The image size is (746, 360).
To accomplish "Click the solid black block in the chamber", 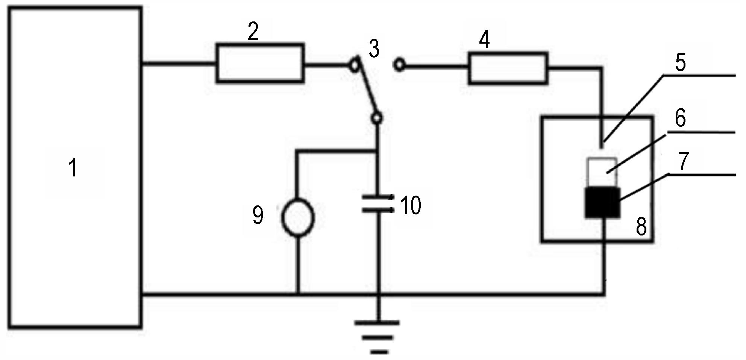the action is pyautogui.click(x=602, y=202).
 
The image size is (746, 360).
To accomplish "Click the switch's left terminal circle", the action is pyautogui.click(x=354, y=66).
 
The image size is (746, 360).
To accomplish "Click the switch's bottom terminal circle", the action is pyautogui.click(x=377, y=118).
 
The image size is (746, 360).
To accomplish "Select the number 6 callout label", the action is pyautogui.click(x=680, y=118).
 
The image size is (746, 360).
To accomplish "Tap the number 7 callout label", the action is pyautogui.click(x=683, y=161).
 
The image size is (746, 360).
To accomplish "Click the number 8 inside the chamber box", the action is pyautogui.click(x=641, y=226).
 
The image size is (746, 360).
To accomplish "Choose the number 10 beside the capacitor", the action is pyautogui.click(x=410, y=205).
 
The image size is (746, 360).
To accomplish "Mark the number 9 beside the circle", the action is pyautogui.click(x=258, y=215).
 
